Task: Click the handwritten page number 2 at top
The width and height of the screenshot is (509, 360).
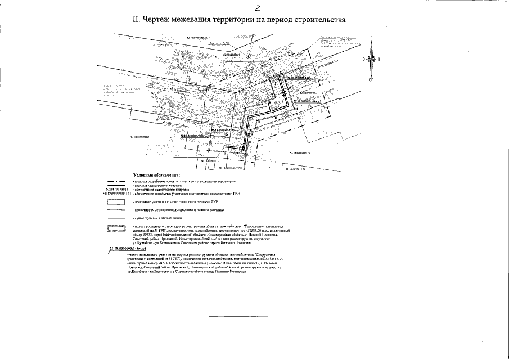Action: [256, 7]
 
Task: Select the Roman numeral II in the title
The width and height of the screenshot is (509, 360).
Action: [136, 19]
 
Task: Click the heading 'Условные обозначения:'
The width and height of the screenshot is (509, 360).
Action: [156, 175]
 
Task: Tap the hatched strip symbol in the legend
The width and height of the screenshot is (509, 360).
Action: [115, 228]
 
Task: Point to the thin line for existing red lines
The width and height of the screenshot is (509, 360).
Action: [115, 216]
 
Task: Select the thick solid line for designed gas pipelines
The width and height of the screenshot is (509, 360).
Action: [115, 209]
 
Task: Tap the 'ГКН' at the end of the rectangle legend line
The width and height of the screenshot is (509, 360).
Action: [215, 201]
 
